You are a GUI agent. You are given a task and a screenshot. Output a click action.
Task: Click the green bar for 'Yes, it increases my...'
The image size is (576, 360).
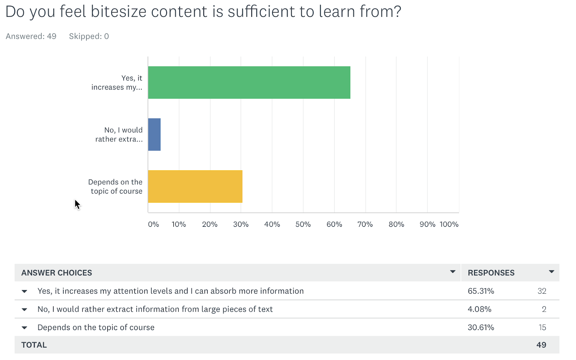(249, 82)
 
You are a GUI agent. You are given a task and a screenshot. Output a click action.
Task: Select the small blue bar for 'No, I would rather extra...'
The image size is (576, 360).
(154, 135)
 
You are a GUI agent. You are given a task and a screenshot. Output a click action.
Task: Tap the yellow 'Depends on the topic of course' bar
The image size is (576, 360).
(195, 186)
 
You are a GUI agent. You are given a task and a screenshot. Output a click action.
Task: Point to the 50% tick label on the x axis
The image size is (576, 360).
(303, 224)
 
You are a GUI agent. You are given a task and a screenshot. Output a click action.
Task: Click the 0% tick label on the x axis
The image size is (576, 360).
(153, 224)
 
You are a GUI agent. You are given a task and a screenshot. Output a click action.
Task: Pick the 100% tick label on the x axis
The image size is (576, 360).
(449, 224)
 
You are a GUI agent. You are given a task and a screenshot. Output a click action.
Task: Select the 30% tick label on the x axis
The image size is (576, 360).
(240, 224)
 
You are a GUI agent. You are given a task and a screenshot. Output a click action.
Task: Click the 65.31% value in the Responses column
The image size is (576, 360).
(481, 291)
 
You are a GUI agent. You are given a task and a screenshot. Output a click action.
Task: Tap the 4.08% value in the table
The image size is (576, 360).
(479, 309)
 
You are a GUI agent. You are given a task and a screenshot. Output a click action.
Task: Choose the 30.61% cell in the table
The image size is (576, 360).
(481, 327)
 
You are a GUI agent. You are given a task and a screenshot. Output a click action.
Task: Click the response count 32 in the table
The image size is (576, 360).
(542, 291)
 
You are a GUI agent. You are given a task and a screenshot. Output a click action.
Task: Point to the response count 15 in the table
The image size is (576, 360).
(542, 327)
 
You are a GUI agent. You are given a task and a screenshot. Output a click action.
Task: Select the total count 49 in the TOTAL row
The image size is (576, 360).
(541, 345)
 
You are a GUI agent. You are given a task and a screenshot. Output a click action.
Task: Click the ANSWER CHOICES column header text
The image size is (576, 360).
(57, 273)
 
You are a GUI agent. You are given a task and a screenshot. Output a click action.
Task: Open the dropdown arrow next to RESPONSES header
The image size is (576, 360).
(551, 272)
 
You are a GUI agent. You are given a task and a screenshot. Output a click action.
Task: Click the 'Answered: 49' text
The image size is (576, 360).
(31, 36)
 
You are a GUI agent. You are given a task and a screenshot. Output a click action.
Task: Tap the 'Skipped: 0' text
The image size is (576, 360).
(89, 36)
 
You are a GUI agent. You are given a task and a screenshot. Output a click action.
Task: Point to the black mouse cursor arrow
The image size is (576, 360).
(77, 204)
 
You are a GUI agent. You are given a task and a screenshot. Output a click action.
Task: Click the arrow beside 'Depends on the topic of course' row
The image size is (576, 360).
(24, 328)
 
